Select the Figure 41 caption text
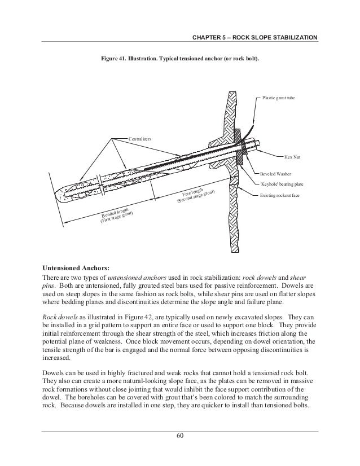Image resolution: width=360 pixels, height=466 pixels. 180,58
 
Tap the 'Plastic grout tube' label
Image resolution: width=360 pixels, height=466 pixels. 279,98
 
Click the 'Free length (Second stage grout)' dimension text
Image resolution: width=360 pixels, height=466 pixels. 194,194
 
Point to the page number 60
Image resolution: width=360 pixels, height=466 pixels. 180,435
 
